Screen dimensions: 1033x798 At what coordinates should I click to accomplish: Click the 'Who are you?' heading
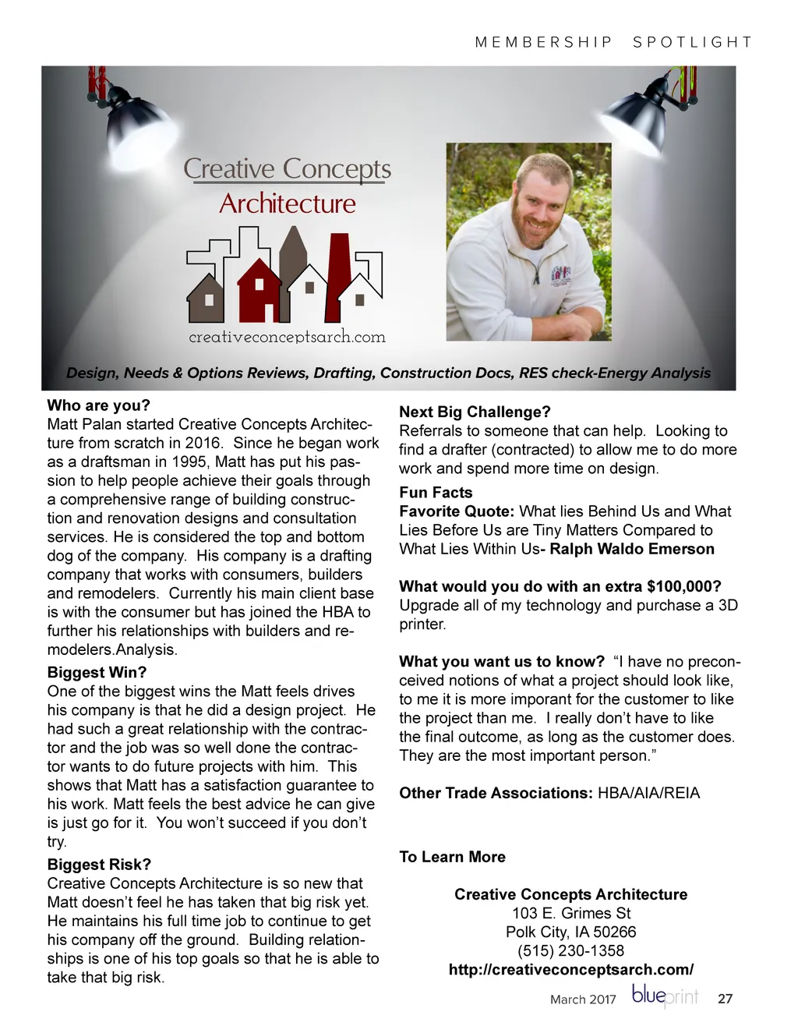coord(98,405)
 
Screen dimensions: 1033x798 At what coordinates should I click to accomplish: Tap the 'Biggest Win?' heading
coord(97,672)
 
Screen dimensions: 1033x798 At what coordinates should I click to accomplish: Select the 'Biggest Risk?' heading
coord(99,864)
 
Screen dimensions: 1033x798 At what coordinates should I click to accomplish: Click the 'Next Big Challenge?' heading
coord(475,412)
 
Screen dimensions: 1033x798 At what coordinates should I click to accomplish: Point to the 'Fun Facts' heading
coord(436,492)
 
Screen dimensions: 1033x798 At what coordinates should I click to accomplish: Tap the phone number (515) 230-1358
coord(570,950)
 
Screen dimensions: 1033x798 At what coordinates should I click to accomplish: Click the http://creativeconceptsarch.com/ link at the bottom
coord(570,970)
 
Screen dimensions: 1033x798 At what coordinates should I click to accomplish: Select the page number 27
coord(725,999)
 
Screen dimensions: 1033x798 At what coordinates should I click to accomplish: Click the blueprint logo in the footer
coord(665,996)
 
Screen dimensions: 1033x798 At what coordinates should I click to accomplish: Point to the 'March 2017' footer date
coord(583,999)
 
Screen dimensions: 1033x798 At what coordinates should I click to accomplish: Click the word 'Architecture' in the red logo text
coord(287,204)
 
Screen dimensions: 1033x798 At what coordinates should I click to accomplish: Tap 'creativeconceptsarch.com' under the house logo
coord(287,337)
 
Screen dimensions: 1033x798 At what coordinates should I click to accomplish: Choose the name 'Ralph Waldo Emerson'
coord(631,549)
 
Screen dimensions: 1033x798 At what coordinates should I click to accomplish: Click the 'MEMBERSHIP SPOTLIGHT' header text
coord(613,42)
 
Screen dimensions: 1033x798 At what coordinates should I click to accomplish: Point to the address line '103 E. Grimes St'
coord(570,913)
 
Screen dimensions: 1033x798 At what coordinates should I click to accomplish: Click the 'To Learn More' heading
coord(452,857)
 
